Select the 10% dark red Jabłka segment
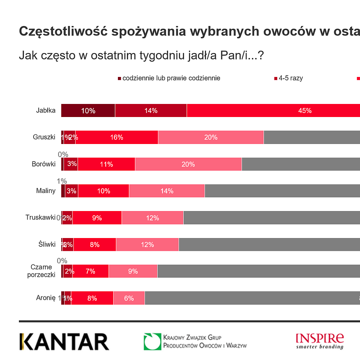click(x=88, y=110)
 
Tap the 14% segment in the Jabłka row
click(x=151, y=110)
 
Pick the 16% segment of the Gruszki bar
click(x=117, y=137)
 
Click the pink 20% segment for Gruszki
click(x=211, y=137)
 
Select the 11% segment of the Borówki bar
click(x=107, y=164)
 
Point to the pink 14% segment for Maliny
click(x=167, y=191)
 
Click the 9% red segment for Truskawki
click(x=97, y=218)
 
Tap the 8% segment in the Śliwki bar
click(x=95, y=244)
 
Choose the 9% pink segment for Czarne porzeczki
click(x=133, y=271)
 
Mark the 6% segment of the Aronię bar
click(x=129, y=298)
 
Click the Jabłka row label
click(x=46, y=110)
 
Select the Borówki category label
click(x=44, y=164)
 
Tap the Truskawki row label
click(x=40, y=218)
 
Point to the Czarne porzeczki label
click(x=40, y=271)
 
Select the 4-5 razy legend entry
click(x=290, y=78)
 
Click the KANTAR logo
click(x=64, y=342)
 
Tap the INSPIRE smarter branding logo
click(x=319, y=341)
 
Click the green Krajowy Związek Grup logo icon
click(x=152, y=342)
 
